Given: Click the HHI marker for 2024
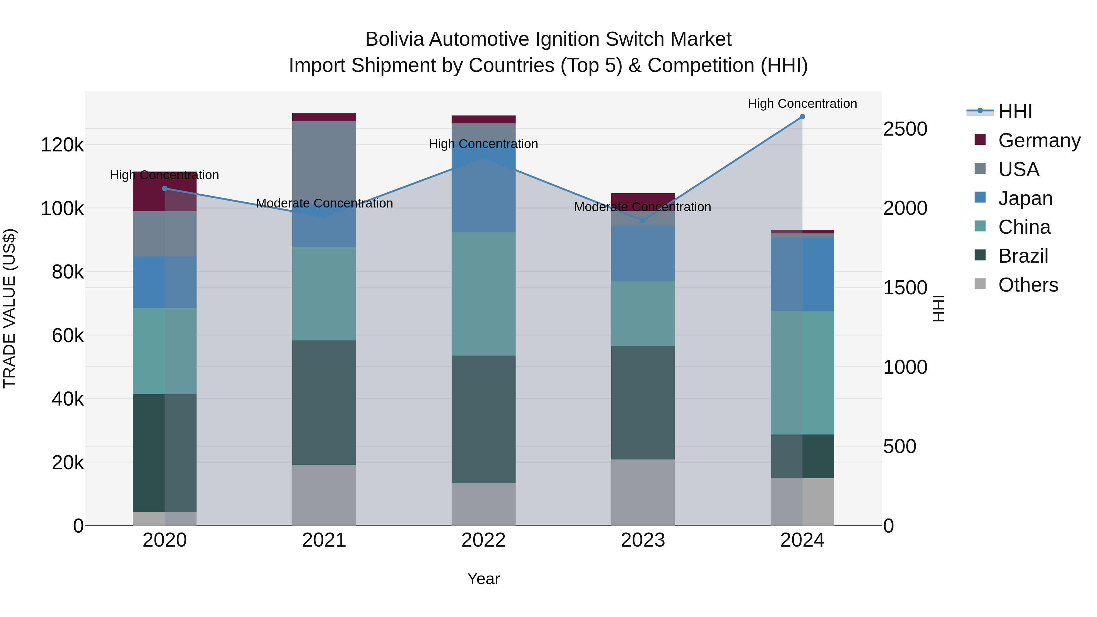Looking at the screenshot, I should (x=802, y=117).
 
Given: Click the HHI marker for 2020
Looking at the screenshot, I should (x=165, y=188).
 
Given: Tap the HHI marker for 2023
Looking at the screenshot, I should (x=643, y=220).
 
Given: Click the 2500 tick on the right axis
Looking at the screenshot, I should (x=905, y=129).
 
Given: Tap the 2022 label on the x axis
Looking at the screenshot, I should (x=483, y=540).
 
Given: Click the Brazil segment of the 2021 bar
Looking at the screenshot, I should (x=324, y=402).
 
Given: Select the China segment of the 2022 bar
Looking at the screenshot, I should (x=483, y=294).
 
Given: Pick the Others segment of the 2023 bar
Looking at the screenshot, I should (x=643, y=492).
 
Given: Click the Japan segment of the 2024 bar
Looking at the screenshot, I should (x=802, y=274).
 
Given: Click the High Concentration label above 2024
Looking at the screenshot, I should (x=802, y=104).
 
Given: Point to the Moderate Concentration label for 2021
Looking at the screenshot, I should (x=324, y=204).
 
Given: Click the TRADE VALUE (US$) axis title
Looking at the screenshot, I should (x=9, y=308).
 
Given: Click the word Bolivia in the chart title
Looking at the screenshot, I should (x=394, y=40).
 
